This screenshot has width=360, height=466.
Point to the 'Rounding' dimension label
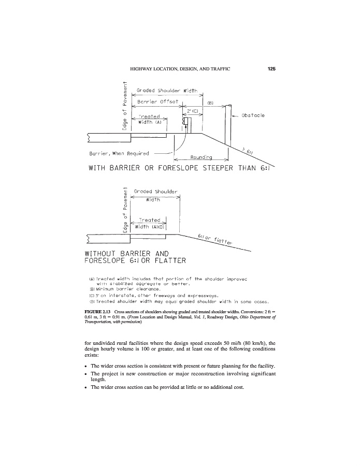(201, 157)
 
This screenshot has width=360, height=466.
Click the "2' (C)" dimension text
(188, 111)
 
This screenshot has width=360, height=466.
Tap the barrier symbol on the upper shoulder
(186, 126)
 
